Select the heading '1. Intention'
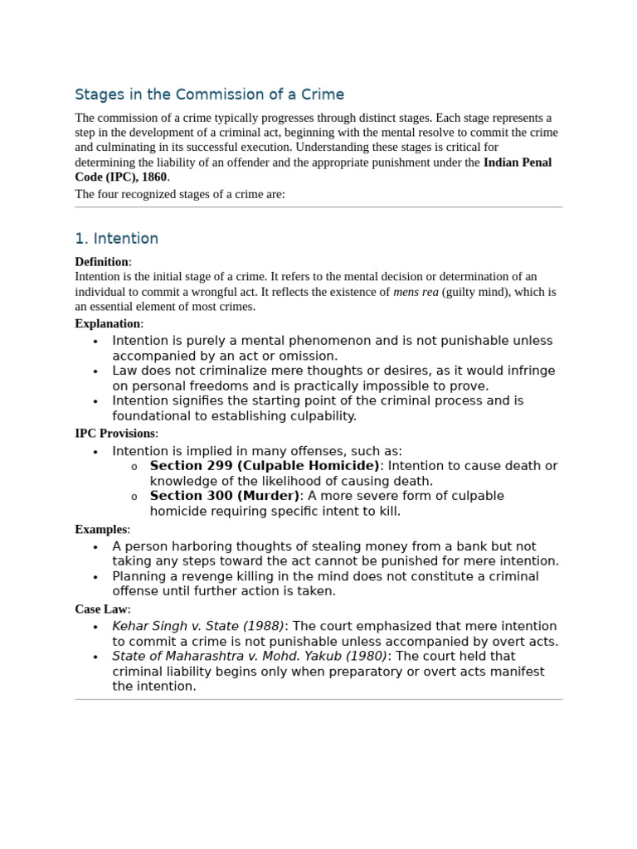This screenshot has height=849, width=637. (x=116, y=239)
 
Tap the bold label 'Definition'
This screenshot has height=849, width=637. (x=101, y=262)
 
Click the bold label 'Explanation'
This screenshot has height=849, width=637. (x=107, y=323)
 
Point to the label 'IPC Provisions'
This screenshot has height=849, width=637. (x=114, y=433)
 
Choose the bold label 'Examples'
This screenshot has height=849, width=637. (x=100, y=529)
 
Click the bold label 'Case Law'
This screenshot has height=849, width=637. (x=100, y=609)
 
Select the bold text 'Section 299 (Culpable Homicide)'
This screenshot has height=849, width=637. (x=265, y=466)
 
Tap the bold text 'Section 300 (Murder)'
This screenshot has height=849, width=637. (x=225, y=496)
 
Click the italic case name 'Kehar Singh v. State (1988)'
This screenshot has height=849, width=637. (x=198, y=626)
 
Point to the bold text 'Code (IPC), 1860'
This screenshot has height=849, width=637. (x=121, y=177)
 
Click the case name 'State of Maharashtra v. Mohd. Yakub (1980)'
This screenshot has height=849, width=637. (x=250, y=656)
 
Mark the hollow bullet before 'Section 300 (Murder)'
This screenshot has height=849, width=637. (x=134, y=497)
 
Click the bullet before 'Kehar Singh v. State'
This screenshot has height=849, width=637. (x=95, y=627)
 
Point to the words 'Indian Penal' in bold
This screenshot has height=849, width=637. (x=518, y=163)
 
